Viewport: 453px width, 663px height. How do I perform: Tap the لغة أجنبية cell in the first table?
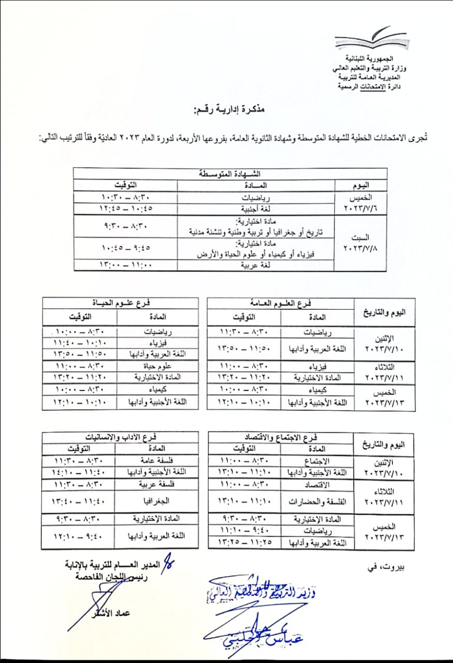[x=256, y=208]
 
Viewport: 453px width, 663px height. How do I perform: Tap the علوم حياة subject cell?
[x=157, y=366]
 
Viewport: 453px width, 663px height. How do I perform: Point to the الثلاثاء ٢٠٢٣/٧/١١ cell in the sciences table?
[x=383, y=371]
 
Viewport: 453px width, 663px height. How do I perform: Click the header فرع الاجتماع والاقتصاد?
[x=280, y=437]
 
